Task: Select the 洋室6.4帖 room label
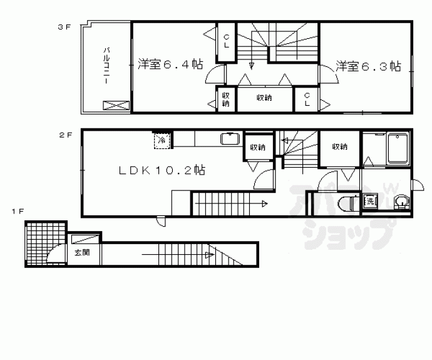[x=170, y=64]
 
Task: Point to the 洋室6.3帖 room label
[x=368, y=65]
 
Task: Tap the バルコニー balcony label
[x=108, y=65]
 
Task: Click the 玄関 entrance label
[x=81, y=253]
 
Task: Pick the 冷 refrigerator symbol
[x=162, y=140]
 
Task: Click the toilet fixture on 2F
[x=346, y=202]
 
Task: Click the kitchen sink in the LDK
[x=229, y=139]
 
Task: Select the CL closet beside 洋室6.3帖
[x=307, y=100]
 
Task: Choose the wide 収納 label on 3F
[x=264, y=98]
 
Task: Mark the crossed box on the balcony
[x=116, y=105]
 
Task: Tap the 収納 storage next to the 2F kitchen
[x=257, y=148]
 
